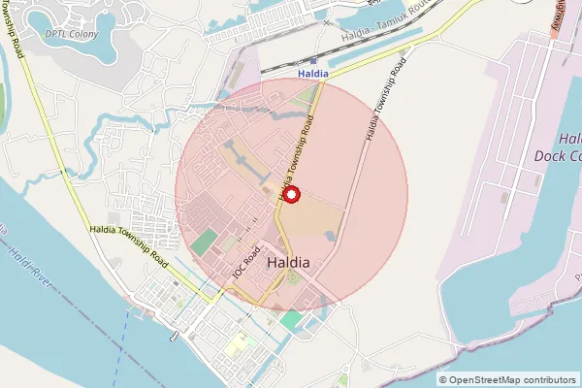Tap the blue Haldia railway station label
pyautogui.click(x=313, y=72)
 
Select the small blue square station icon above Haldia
pyautogui.click(x=313, y=59)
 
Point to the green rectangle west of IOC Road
pyautogui.click(x=204, y=243)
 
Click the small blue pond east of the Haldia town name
pyautogui.click(x=330, y=236)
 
